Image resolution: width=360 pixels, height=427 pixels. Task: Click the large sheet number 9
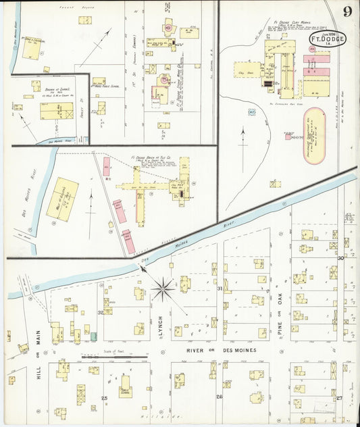pyautogui.click(x=346, y=11)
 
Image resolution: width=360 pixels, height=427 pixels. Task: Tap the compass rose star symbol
pyautogui.click(x=162, y=289)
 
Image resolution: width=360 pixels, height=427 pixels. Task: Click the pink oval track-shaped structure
pyautogui.click(x=313, y=126)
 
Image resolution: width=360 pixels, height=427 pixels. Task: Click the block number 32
pyautogui.click(x=101, y=312)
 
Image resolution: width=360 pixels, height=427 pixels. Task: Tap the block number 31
pyautogui.click(x=220, y=288)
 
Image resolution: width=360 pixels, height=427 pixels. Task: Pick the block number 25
pyautogui.click(x=104, y=399)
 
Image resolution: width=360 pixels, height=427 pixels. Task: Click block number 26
pyautogui.click(x=219, y=397)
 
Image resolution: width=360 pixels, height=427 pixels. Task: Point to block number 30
pyautogui.click(x=341, y=258)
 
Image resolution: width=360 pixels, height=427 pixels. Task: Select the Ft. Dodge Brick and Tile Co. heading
pyautogui.click(x=150, y=157)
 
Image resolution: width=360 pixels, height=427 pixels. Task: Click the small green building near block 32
pyautogui.click(x=94, y=336)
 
